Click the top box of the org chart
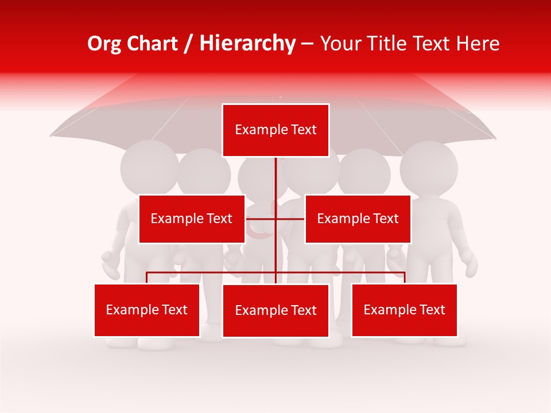point(275,130)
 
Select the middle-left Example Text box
point(192,219)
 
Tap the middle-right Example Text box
point(358,219)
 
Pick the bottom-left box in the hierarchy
point(147,310)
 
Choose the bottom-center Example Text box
point(275,311)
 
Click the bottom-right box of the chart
point(404,310)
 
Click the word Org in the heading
point(104,44)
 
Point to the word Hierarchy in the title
point(247,44)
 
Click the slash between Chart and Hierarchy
point(188,44)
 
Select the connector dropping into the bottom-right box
point(405,278)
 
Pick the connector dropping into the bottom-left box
point(147,278)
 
